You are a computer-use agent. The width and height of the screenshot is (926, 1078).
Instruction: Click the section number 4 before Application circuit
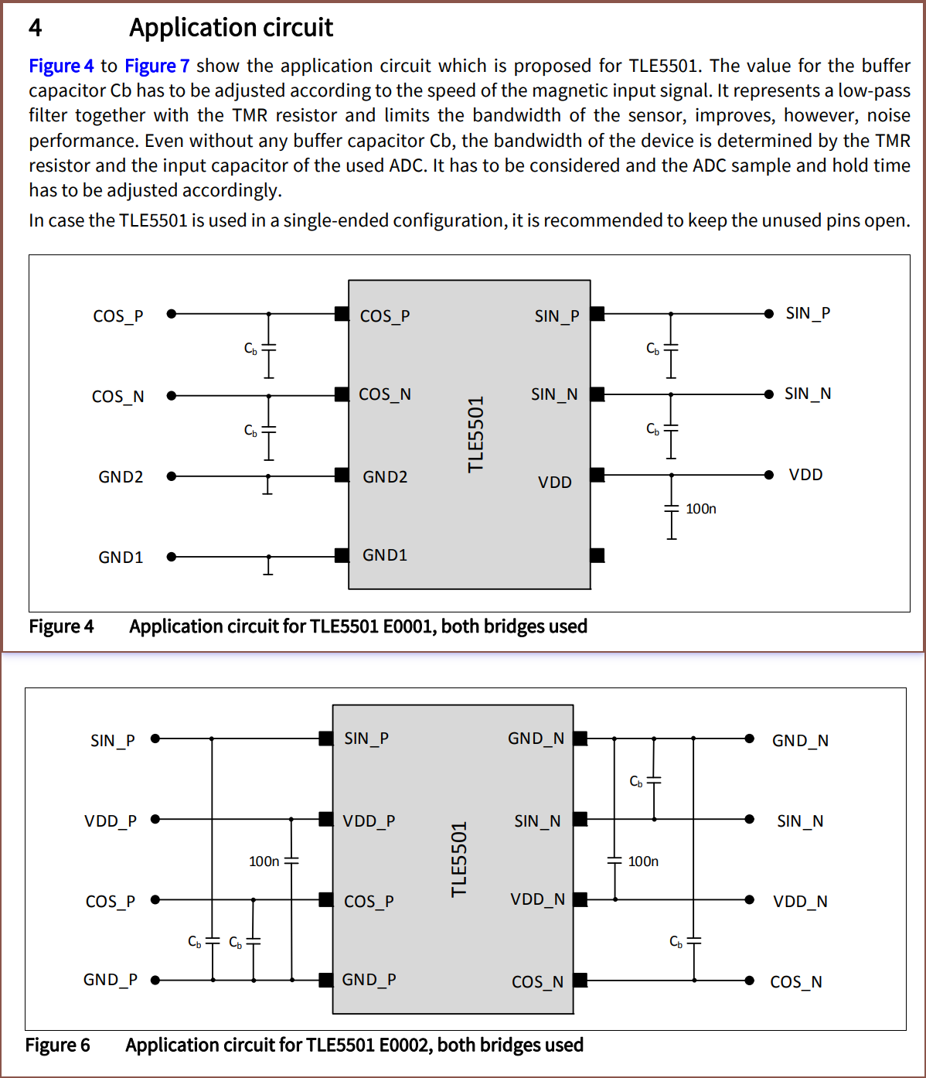[x=36, y=28]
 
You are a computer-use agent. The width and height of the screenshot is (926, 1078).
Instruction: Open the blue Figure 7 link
[x=157, y=67]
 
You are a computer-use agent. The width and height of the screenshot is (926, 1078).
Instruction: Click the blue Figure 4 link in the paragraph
[x=61, y=67]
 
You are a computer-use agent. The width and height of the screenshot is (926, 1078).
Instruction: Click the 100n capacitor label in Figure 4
[x=701, y=509]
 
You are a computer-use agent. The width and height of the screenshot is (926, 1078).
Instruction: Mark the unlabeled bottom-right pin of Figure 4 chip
[x=597, y=555]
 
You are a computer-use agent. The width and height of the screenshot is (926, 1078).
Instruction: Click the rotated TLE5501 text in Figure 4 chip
[x=476, y=434]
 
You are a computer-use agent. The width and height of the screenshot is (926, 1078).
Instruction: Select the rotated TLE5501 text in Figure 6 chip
[x=460, y=859]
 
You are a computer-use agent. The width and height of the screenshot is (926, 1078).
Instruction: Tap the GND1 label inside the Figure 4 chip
[x=385, y=555]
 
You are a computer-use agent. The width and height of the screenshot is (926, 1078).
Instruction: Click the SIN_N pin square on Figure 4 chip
[x=597, y=394]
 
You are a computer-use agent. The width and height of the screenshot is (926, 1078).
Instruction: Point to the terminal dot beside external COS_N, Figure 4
[x=172, y=395]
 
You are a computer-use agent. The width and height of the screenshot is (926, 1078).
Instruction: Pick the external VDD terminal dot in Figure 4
[x=768, y=475]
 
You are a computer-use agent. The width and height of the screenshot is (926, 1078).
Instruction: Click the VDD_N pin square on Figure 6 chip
[x=580, y=899]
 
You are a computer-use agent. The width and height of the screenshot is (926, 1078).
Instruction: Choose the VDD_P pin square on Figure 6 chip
[x=326, y=819]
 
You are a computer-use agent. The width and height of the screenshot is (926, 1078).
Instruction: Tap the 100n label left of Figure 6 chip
[x=264, y=861]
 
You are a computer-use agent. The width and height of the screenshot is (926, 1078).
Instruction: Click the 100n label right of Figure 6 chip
[x=643, y=861]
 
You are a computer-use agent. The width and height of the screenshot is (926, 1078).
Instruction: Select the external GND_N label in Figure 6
[x=800, y=741]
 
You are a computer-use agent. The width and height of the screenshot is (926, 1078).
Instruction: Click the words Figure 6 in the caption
[x=58, y=1046]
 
